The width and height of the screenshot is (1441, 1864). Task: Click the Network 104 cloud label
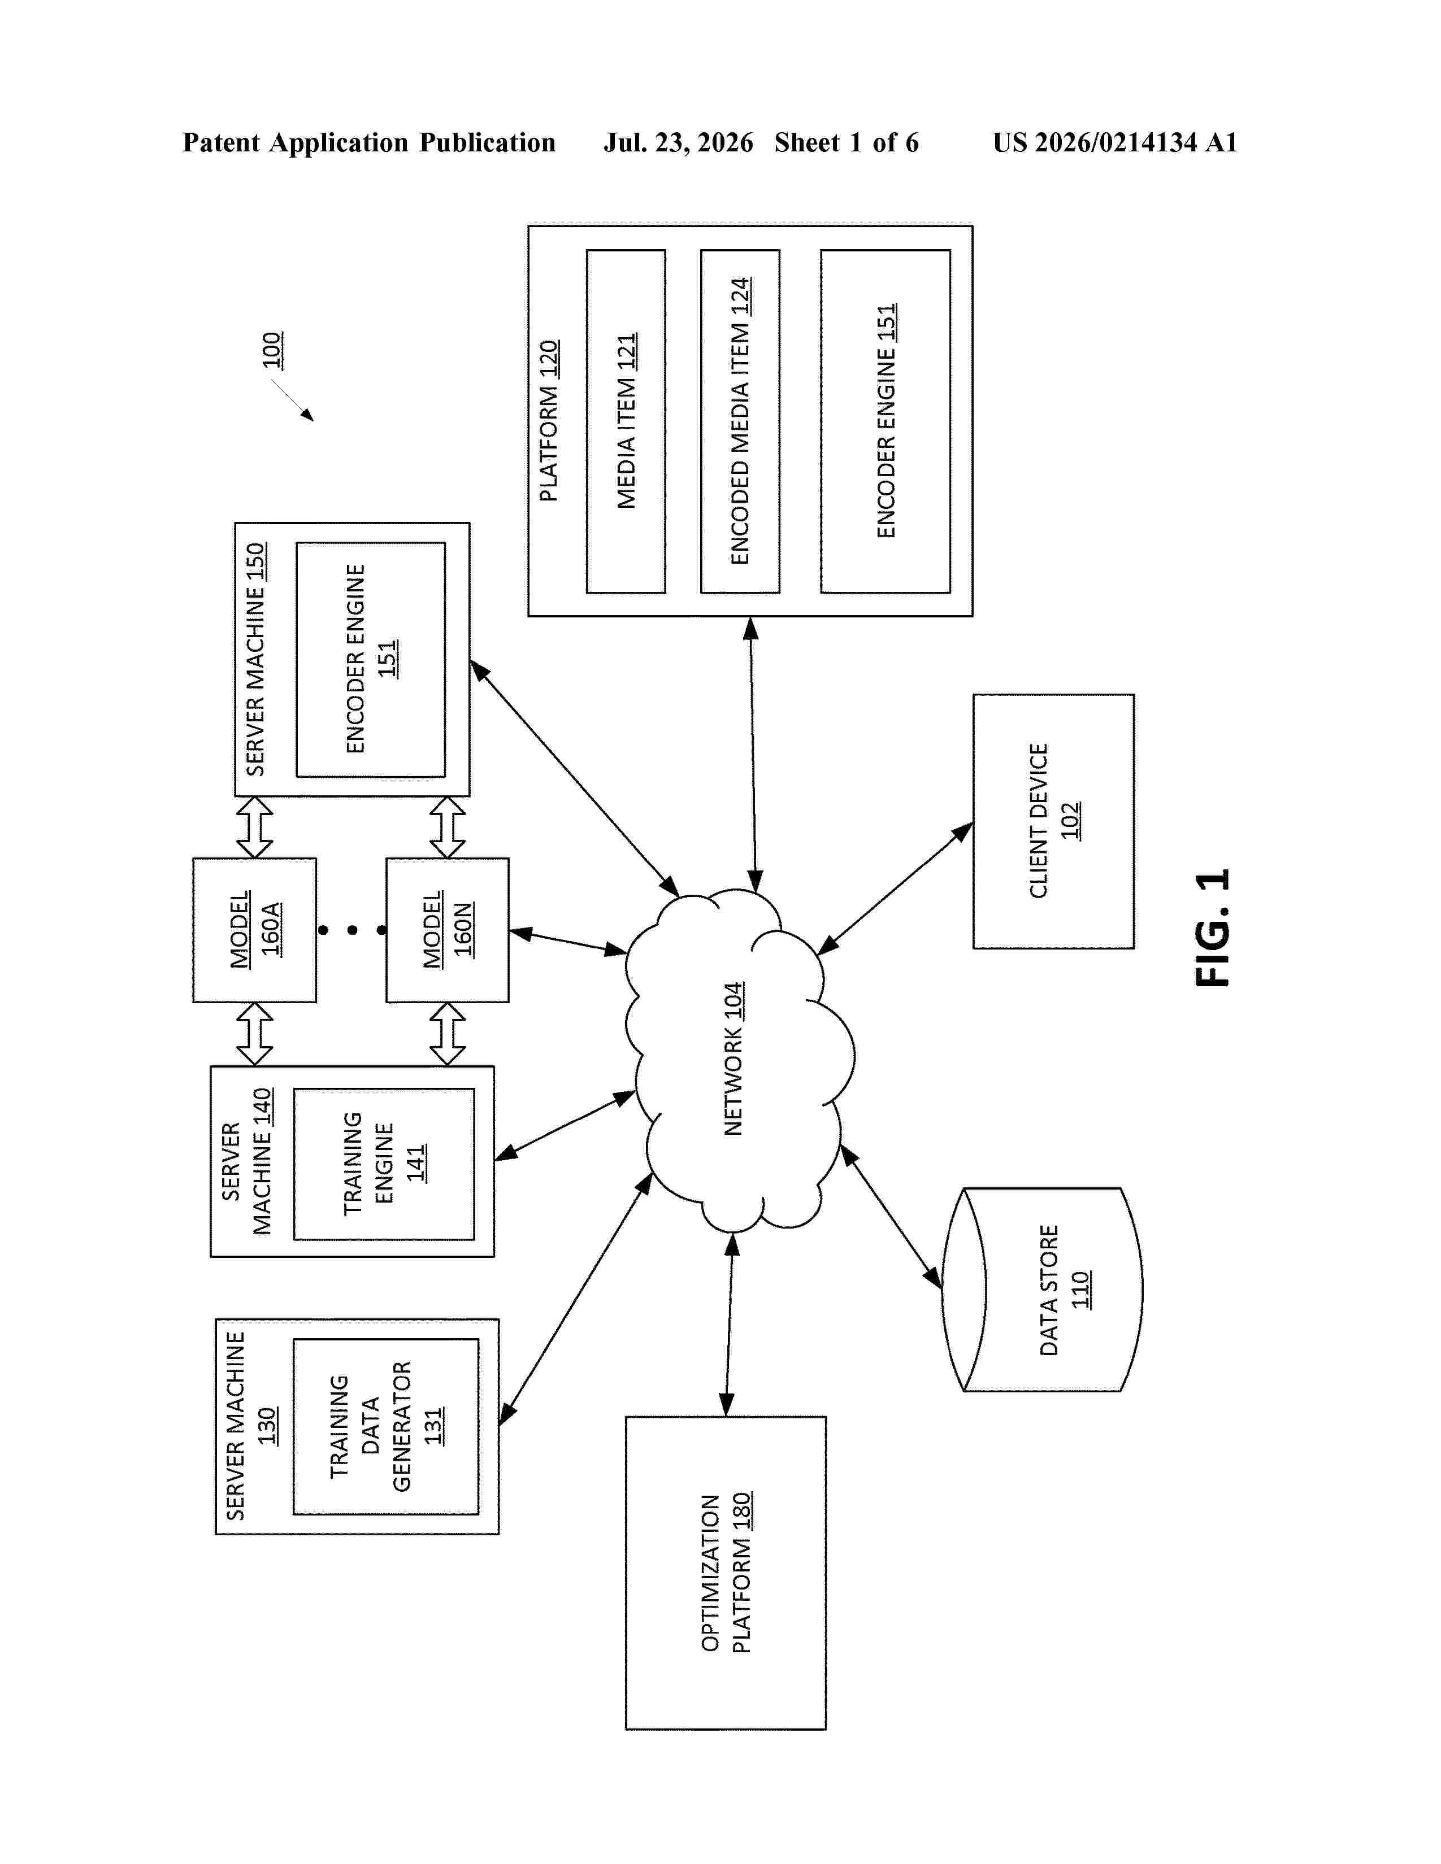(734, 1059)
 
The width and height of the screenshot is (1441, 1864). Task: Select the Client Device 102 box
(1053, 821)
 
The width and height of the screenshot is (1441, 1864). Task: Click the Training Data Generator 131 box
(386, 1427)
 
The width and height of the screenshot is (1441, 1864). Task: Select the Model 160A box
(254, 930)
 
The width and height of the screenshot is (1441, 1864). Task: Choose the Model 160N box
(448, 930)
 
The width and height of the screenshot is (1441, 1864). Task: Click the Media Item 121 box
(626, 421)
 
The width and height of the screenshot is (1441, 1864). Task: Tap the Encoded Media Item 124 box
(740, 421)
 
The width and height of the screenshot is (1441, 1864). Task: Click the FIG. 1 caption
(1212, 929)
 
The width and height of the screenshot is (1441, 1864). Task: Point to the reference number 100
(271, 350)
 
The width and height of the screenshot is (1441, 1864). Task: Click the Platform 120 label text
(549, 421)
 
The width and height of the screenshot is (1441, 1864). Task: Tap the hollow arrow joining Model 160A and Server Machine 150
(254, 827)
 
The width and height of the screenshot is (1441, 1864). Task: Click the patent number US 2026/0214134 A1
(1115, 142)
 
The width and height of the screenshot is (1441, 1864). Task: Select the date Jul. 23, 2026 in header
(679, 142)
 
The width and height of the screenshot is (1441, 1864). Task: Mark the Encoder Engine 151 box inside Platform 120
(886, 421)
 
